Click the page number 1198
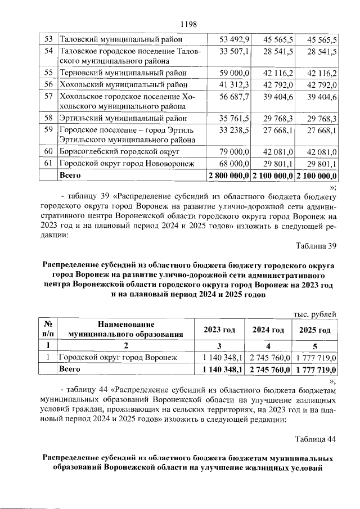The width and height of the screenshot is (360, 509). pos(187,24)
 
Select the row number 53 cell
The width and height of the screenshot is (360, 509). pos(48,39)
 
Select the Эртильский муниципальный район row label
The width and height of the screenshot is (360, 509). pos(119,119)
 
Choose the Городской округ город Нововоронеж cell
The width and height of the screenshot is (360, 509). pos(127,164)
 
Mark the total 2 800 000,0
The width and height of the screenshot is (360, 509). pos(229,175)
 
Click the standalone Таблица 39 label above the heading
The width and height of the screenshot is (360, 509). pos(316,245)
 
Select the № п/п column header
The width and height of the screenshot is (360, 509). pos(48,329)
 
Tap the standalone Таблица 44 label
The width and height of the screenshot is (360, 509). pos(316,439)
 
